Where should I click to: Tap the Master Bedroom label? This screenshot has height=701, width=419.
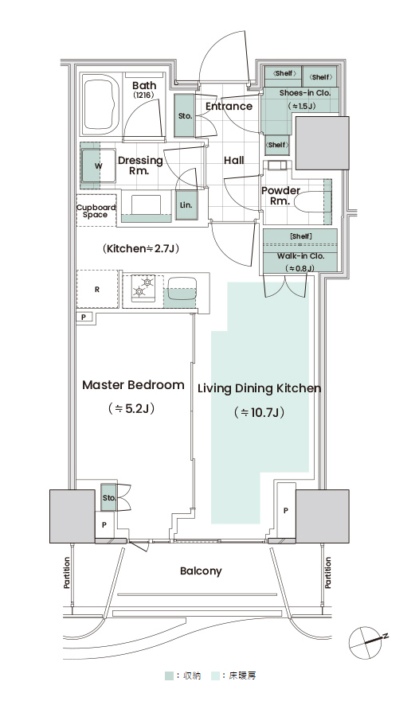pyautogui.click(x=133, y=385)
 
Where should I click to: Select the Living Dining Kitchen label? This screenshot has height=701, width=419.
pyautogui.click(x=260, y=388)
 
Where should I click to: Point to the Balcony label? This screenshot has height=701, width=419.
pyautogui.click(x=201, y=571)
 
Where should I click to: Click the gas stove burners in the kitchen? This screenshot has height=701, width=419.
pyautogui.click(x=143, y=286)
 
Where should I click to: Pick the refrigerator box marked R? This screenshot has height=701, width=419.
pyautogui.click(x=97, y=290)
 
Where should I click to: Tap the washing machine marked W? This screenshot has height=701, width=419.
pyautogui.click(x=99, y=166)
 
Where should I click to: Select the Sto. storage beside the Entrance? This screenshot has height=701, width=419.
pyautogui.click(x=185, y=116)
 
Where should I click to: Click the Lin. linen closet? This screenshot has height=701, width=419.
pyautogui.click(x=186, y=205)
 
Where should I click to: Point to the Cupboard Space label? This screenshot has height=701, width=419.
pyautogui.click(x=96, y=211)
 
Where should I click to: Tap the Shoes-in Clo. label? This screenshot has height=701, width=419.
pyautogui.click(x=305, y=93)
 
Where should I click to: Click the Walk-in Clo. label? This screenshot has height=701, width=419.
pyautogui.click(x=300, y=256)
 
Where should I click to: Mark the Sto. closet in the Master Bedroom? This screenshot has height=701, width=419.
pyautogui.click(x=109, y=497)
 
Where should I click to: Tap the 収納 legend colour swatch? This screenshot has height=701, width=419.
pyautogui.click(x=169, y=676)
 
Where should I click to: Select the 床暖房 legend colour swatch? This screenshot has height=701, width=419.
pyautogui.click(x=215, y=676)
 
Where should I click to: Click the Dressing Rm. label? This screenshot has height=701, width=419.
pyautogui.click(x=140, y=165)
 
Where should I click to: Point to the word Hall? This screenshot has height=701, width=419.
pyautogui.click(x=234, y=160)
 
